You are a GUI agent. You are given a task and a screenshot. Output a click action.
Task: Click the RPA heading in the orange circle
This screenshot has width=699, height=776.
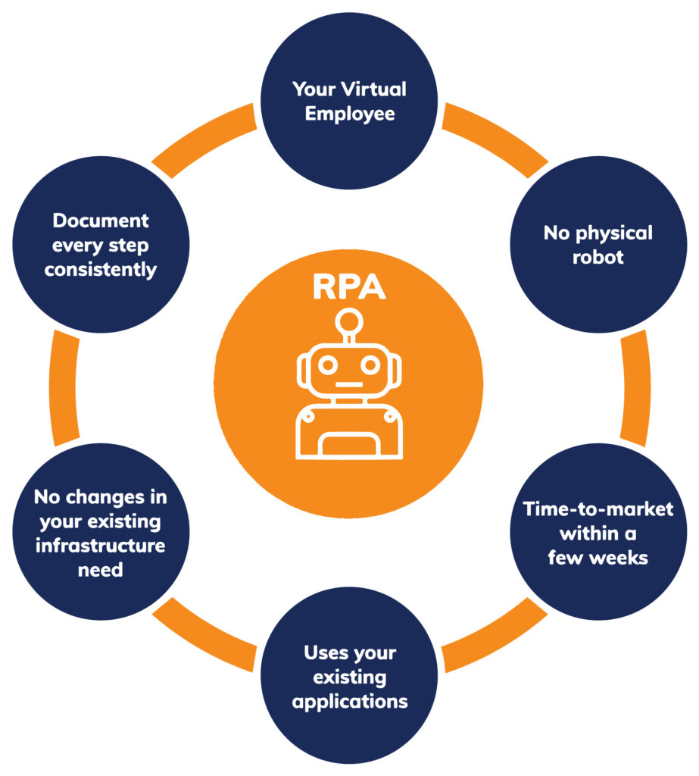point(349,286)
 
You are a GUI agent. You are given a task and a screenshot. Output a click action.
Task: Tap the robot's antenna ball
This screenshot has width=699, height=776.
point(349,322)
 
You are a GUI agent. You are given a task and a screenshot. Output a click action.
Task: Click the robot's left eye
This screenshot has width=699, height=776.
point(327,366)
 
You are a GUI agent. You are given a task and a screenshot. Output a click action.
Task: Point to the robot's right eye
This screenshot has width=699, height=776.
point(370,366)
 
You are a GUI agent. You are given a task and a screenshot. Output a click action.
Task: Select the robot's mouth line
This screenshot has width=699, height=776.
point(349,384)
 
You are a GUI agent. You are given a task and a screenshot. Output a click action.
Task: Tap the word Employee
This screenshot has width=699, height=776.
point(350,114)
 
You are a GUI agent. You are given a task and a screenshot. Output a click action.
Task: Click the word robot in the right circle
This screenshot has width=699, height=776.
point(598,258)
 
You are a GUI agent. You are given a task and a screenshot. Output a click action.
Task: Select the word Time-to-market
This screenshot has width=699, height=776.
point(598,509)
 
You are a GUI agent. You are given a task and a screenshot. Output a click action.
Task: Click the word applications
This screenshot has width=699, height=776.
point(350,702)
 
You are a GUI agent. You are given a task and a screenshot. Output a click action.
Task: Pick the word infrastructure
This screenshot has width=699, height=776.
point(101,546)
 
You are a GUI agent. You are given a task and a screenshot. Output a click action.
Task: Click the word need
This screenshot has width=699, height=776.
point(101,570)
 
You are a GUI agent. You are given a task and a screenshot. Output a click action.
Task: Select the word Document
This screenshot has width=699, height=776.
point(101,221)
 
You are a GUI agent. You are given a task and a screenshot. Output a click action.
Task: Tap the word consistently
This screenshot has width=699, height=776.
point(101,271)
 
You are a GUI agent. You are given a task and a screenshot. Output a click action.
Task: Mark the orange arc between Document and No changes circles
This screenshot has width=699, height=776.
point(64,388)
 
